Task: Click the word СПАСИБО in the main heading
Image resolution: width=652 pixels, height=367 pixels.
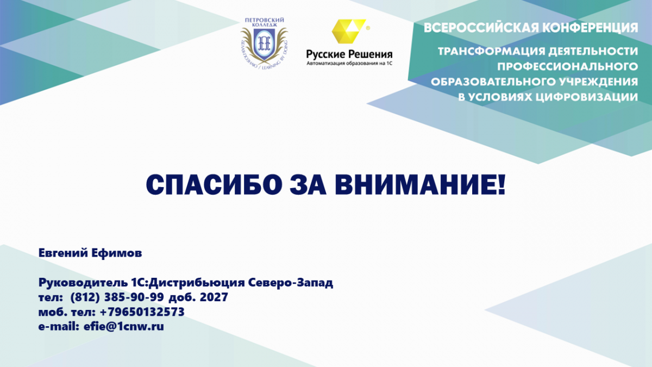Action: point(214,185)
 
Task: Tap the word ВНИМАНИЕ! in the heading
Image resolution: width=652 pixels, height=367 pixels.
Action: point(420,185)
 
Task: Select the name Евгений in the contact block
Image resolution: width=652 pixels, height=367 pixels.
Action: point(63,253)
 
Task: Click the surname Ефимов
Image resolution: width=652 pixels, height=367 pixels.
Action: point(117,253)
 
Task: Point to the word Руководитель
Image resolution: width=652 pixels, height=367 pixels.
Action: point(83,283)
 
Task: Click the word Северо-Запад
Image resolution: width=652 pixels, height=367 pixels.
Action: point(291,283)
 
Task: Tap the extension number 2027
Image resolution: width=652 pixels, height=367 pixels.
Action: point(214,297)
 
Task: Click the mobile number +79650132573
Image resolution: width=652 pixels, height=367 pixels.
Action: point(142,312)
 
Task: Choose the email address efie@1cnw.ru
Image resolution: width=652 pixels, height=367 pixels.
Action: point(124,327)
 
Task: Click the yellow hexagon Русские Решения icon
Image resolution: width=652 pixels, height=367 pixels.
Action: point(349,31)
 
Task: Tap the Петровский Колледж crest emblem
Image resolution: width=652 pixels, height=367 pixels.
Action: point(264,43)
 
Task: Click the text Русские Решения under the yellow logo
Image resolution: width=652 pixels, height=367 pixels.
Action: point(349,54)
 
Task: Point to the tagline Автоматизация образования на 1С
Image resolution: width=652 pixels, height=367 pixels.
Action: point(349,63)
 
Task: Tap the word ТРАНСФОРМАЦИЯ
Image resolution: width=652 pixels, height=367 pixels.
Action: point(491,52)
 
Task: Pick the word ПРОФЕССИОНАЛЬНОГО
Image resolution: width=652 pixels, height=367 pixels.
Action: point(567,67)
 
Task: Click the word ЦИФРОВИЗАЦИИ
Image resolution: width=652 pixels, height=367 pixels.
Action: point(587,97)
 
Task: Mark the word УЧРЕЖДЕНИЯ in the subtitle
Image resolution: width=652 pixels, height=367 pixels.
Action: point(596,82)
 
